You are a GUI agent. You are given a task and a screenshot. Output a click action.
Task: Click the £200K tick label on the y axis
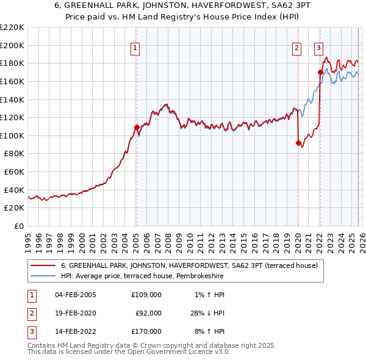[12, 45]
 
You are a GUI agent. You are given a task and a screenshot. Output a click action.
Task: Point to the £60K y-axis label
[14, 172]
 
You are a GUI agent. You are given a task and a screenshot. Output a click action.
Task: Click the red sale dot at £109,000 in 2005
[137, 127]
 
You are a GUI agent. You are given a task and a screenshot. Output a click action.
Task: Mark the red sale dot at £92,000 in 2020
[298, 143]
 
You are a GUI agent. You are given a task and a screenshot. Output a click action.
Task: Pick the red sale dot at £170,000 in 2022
[320, 72]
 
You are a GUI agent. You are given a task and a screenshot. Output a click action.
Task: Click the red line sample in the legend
[43, 265]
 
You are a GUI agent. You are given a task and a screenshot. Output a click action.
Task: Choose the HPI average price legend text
[142, 276]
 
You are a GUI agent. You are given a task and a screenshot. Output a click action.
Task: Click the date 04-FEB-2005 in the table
[75, 294]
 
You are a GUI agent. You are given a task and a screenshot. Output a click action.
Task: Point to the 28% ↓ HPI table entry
[207, 312]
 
